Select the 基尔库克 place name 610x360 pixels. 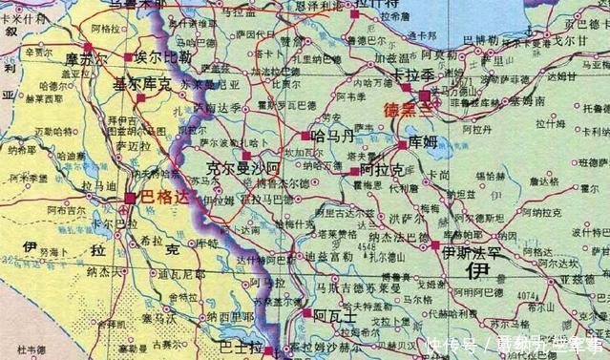click(x=142, y=85)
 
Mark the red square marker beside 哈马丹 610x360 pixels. click(x=306, y=137)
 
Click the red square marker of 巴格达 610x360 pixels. click(x=131, y=198)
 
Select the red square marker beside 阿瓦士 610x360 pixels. click(x=305, y=312)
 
